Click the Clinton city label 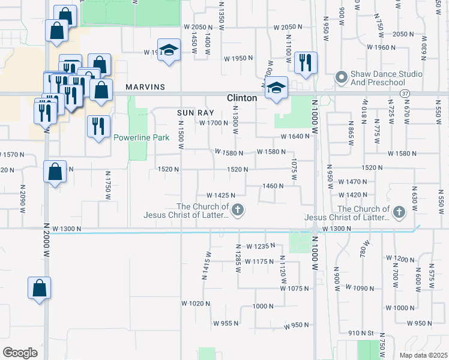[x=242, y=98]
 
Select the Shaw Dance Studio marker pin [x=341, y=77]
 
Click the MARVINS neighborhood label [x=145, y=87]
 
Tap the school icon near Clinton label [x=276, y=88]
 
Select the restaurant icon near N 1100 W [x=306, y=62]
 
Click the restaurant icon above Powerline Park [x=98, y=126]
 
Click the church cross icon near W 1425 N [x=238, y=209]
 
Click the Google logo [x=20, y=353]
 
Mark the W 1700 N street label [x=213, y=124]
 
